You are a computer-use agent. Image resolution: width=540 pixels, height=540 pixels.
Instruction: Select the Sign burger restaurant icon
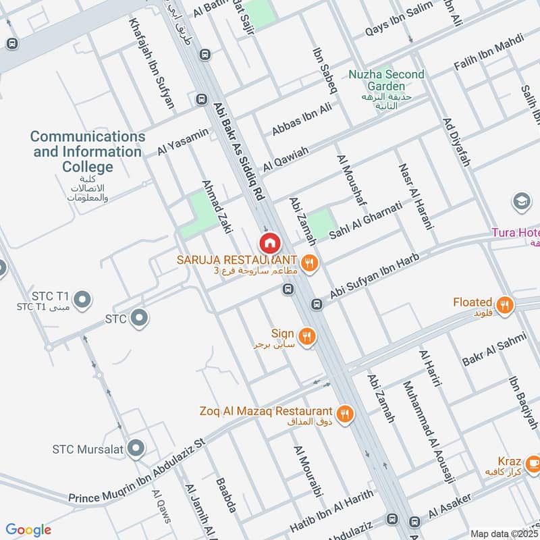(307, 335)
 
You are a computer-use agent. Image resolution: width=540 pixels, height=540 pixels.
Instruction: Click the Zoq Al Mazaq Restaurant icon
(345, 413)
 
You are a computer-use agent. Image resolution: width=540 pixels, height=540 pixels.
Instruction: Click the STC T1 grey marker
(82, 298)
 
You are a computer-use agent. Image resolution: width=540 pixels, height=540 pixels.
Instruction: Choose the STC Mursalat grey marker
(136, 447)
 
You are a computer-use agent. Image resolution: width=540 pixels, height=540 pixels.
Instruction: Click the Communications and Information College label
(88, 152)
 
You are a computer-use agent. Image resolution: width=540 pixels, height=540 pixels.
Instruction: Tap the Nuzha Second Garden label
(387, 80)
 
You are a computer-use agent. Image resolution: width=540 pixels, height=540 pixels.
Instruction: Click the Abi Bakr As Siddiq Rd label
(238, 151)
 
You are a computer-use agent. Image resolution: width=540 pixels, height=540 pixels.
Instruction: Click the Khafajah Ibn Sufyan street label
(153, 64)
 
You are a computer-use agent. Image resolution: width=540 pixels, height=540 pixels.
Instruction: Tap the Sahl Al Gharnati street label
(365, 220)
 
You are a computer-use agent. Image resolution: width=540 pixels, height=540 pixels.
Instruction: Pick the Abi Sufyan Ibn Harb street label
(375, 277)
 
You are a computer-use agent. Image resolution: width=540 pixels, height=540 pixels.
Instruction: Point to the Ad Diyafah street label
(456, 142)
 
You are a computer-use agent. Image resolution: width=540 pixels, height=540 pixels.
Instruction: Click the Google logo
(28, 530)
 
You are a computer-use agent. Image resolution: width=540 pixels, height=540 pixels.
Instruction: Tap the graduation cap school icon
(521, 201)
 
